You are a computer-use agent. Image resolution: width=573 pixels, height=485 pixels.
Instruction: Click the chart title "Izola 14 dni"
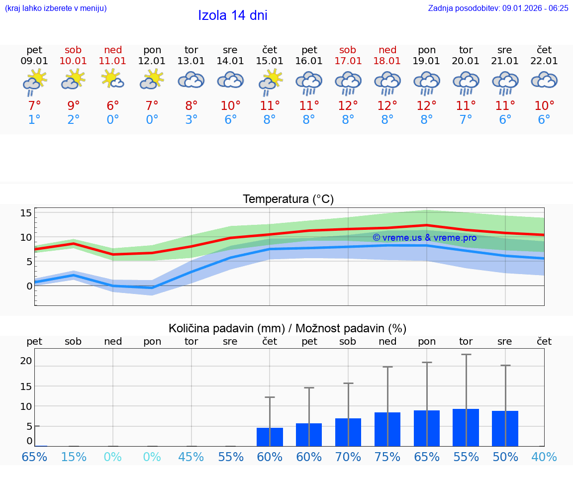tap(232, 15)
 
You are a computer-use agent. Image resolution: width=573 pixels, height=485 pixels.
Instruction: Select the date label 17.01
tap(348, 61)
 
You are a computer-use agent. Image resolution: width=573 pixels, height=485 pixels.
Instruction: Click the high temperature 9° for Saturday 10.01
tap(73, 105)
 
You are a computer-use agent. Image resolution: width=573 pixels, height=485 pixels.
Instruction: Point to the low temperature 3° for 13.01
tap(191, 120)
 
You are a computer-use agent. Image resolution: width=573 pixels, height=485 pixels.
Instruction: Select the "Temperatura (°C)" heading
tap(288, 199)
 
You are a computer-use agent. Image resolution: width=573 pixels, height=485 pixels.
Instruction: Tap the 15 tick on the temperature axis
tap(26, 213)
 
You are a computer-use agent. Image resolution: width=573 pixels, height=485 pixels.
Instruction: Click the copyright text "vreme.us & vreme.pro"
tap(424, 238)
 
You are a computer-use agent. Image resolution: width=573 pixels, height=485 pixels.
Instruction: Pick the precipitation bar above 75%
tap(387, 429)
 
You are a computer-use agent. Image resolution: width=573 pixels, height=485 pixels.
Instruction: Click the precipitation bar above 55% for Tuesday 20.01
tap(466, 427)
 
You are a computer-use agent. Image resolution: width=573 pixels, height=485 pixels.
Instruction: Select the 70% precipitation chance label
tap(348, 457)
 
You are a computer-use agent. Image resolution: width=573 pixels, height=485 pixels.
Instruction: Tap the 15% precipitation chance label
tap(73, 457)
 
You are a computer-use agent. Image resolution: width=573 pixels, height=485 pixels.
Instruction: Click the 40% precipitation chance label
tap(544, 457)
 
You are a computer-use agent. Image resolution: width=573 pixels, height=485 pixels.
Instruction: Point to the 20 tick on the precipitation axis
tap(26, 361)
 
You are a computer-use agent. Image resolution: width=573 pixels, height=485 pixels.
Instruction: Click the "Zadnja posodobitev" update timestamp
tap(498, 8)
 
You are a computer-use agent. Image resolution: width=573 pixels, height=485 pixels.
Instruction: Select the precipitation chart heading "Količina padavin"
tap(287, 328)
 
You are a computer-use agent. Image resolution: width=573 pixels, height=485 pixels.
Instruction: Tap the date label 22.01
tap(544, 61)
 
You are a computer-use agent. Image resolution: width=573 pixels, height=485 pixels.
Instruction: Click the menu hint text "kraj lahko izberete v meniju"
tap(55, 8)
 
